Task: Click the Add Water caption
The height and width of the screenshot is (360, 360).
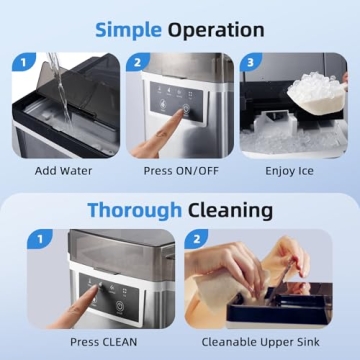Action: coord(63,171)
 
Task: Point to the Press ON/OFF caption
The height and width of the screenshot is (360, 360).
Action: coord(179,171)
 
